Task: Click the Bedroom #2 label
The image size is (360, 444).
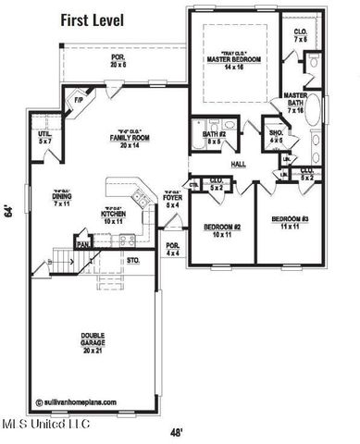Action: [x=222, y=229]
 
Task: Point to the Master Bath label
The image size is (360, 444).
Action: [x=296, y=102]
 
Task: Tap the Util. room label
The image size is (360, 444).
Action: [x=45, y=138]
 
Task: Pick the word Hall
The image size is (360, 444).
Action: [x=239, y=164]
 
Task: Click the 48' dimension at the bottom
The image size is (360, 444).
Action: [x=176, y=431]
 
